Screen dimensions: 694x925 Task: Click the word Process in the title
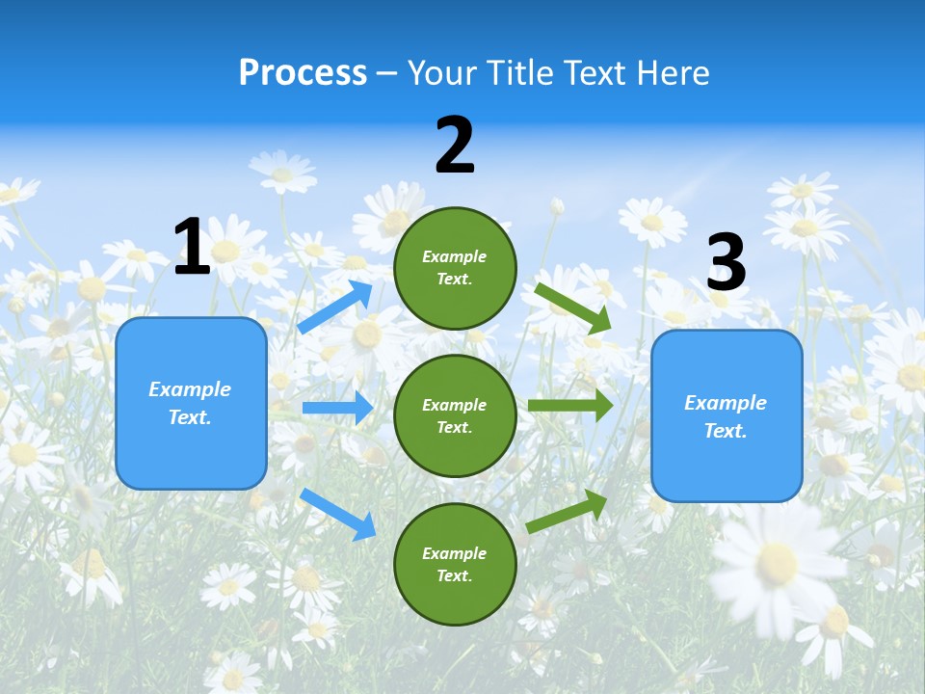303,73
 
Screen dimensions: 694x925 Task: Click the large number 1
192,247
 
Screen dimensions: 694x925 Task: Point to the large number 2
455,146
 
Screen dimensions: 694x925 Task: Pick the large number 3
727,262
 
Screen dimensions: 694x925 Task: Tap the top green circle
455,268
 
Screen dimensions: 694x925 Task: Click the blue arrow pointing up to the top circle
335,307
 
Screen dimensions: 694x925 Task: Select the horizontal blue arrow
337,408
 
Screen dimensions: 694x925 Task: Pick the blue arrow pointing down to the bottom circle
338,514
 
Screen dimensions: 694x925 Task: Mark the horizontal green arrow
569,406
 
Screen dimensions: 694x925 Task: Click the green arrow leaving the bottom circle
568,511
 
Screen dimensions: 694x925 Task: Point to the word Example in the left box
190,389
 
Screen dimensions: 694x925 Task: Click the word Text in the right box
725,431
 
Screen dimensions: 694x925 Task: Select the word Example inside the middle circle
454,405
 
